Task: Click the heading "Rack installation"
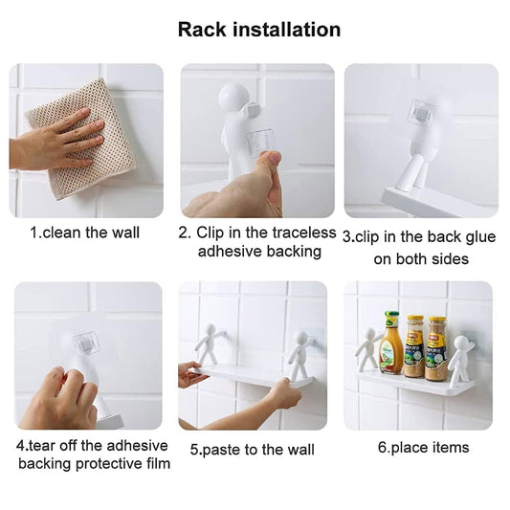[259, 30]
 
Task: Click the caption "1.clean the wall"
[85, 233]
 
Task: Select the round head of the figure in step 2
[231, 95]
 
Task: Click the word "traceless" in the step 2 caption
[303, 233]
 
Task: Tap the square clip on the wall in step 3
[422, 110]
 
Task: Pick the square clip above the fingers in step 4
[85, 343]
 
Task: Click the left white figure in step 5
[210, 344]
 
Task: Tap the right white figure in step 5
[300, 355]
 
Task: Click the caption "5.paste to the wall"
[253, 450]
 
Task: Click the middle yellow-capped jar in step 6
[414, 346]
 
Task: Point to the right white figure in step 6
[461, 358]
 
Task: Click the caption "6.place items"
[424, 448]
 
